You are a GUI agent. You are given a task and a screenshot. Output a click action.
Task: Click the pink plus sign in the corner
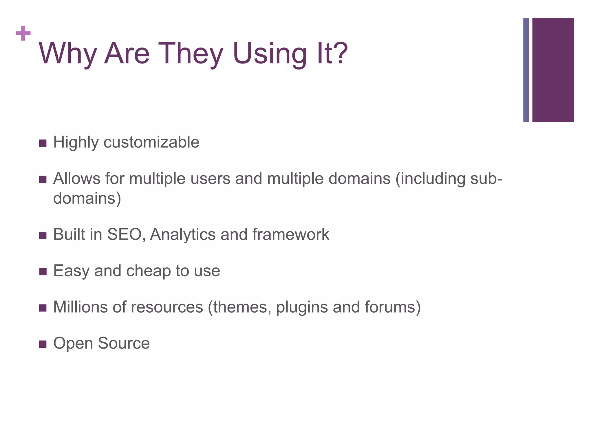pyautogui.click(x=23, y=33)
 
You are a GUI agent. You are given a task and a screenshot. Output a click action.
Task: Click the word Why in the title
pyautogui.click(x=67, y=54)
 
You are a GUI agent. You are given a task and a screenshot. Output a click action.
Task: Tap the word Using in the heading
pyautogui.click(x=269, y=54)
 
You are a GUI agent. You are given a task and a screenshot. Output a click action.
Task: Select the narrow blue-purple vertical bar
pyautogui.click(x=526, y=70)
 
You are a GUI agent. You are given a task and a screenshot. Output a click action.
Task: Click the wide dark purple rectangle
pyautogui.click(x=553, y=70)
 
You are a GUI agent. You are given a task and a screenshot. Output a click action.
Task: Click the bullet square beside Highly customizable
pyautogui.click(x=43, y=143)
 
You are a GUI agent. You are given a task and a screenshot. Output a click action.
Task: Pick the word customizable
pyautogui.click(x=151, y=142)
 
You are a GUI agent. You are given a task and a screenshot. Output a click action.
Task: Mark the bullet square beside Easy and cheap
pyautogui.click(x=43, y=272)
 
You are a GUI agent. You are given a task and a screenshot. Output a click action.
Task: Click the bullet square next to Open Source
pyautogui.click(x=43, y=344)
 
